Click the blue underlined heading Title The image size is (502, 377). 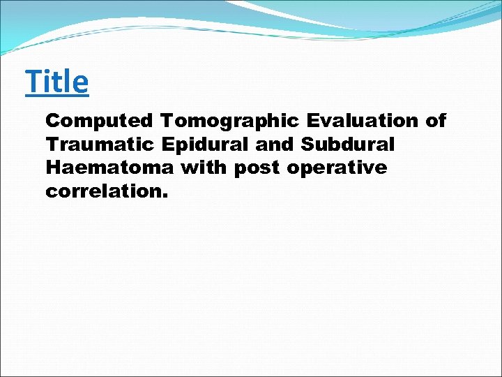pyautogui.click(x=57, y=82)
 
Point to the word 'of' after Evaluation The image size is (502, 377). pyautogui.click(x=436, y=121)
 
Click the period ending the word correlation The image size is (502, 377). pyautogui.click(x=165, y=197)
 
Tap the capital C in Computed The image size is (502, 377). pyautogui.click(x=52, y=121)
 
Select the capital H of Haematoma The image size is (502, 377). pyautogui.click(x=53, y=168)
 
